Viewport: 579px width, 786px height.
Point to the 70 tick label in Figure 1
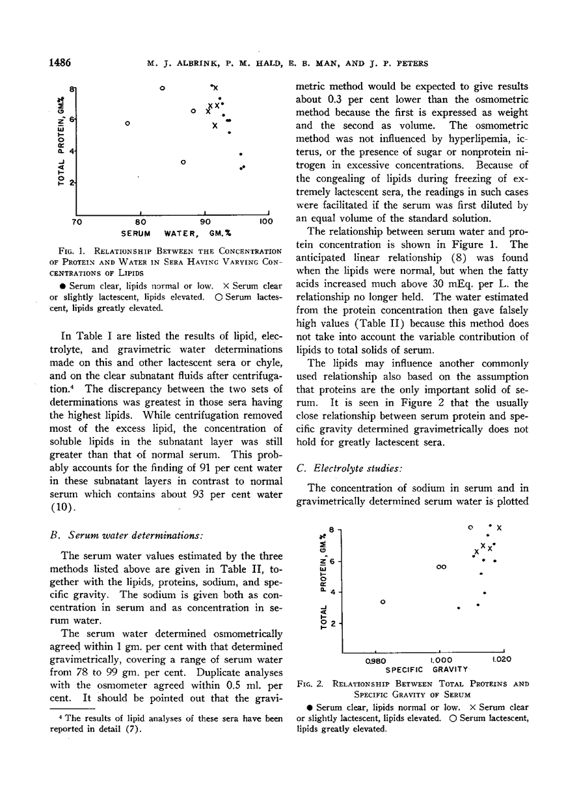pos(76,222)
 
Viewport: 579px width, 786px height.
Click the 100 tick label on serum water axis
pos(265,222)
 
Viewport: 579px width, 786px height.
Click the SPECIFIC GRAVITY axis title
pos(427,669)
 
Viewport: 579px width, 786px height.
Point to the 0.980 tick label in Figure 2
pos(376,659)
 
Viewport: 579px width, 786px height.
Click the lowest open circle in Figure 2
pos(383,601)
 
